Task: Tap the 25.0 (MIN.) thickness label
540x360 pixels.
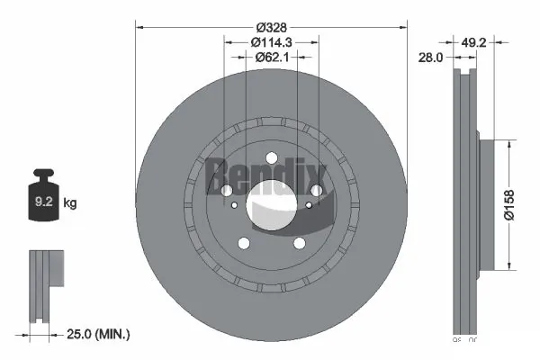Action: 96,334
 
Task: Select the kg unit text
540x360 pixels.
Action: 70,204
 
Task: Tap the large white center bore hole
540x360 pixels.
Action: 271,203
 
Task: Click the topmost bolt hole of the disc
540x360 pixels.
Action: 271,158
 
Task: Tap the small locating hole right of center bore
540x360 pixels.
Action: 310,204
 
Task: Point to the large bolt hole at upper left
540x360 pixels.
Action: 226,190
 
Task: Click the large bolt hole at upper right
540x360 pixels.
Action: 316,190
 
